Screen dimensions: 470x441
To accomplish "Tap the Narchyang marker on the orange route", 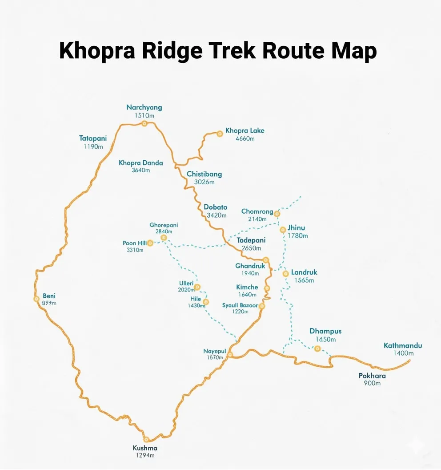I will point(144,123).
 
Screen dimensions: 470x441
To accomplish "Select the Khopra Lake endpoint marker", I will point(220,133).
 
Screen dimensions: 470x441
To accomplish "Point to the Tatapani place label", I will point(93,138).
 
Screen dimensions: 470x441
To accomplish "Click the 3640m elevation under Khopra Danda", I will point(141,170).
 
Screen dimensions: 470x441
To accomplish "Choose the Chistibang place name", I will point(204,174).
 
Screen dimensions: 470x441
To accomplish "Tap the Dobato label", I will point(216,207).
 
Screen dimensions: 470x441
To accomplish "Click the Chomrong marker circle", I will point(277,214).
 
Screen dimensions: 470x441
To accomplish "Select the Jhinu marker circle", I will point(283,230).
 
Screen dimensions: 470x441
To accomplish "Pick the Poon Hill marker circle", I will point(150,243).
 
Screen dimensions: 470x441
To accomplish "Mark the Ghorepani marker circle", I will point(164,238).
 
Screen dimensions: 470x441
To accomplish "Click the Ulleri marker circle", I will point(197,287).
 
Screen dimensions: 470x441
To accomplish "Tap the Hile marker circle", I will point(206,302).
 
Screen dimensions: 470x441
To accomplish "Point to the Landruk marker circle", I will point(286,273).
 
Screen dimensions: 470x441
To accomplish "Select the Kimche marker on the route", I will point(267,288).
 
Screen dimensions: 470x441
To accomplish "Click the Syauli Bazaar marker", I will point(262,306).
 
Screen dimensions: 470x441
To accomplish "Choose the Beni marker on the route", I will point(36,299).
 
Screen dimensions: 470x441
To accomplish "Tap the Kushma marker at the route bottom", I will point(145,439).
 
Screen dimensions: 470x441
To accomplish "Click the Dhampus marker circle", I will point(317,348).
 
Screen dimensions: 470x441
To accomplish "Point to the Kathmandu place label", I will point(403,345).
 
